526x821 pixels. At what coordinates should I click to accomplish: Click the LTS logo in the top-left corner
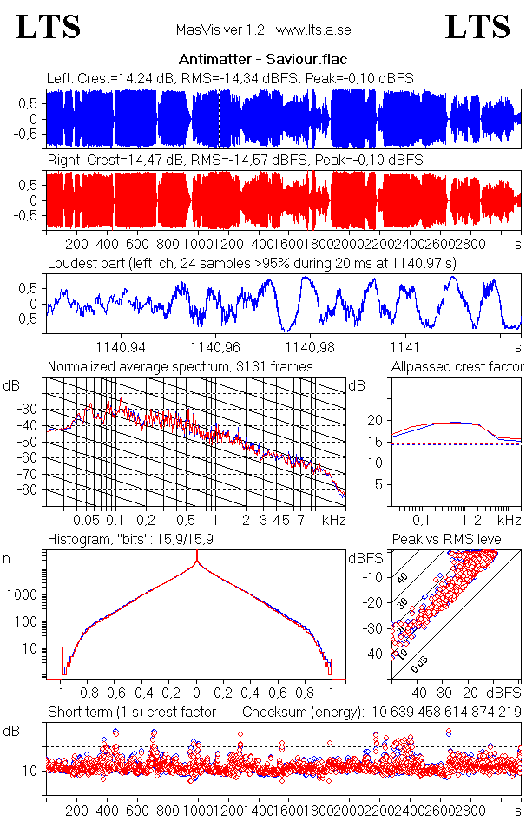(x=49, y=27)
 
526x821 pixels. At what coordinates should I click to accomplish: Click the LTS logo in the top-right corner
(x=477, y=27)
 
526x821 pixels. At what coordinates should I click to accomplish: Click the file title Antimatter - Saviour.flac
(x=263, y=60)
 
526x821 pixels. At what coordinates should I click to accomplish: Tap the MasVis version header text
(x=263, y=30)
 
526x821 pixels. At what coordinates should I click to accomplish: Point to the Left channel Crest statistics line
(x=230, y=78)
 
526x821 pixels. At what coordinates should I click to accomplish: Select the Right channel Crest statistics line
(x=234, y=161)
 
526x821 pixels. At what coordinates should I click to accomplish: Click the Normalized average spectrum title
(x=180, y=367)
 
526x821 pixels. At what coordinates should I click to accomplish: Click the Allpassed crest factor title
(x=457, y=367)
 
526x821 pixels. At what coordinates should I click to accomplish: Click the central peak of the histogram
(x=197, y=564)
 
